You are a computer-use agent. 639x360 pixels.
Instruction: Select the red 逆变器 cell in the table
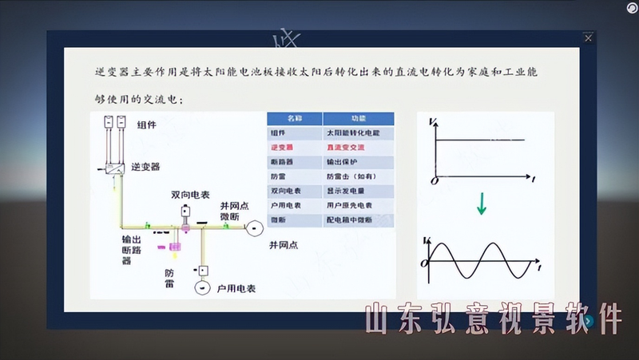(283, 147)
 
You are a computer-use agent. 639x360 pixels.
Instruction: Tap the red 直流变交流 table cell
(345, 147)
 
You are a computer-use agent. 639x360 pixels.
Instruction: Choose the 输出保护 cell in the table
(341, 161)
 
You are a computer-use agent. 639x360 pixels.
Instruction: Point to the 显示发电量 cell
(345, 191)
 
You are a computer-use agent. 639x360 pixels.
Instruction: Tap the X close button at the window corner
(589, 38)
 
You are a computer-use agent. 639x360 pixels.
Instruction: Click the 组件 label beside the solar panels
(147, 125)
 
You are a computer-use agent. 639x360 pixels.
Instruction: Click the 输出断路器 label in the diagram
(133, 249)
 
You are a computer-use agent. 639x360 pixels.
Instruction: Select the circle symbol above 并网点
(253, 229)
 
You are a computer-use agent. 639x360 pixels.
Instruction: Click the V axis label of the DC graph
(432, 121)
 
